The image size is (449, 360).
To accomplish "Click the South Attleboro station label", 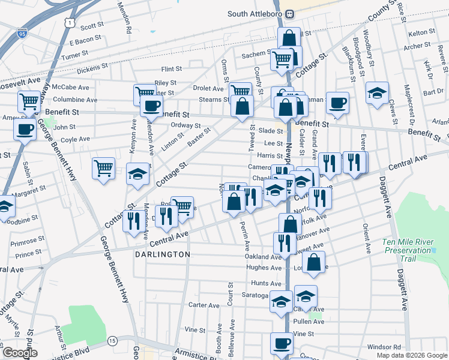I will pyautogui.click(x=255, y=14).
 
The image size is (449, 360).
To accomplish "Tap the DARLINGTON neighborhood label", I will pyautogui.click(x=162, y=254).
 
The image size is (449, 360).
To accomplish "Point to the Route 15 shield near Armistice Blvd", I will pyautogui.click(x=112, y=341).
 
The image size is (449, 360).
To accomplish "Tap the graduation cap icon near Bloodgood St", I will pyautogui.click(x=376, y=92).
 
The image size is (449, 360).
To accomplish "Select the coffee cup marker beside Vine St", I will pyautogui.click(x=282, y=344).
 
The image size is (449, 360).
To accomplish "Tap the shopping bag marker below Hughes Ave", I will pyautogui.click(x=314, y=262).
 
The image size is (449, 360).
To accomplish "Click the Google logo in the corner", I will pyautogui.click(x=20, y=353).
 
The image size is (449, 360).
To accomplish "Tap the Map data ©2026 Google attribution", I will pyautogui.click(x=411, y=355).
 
